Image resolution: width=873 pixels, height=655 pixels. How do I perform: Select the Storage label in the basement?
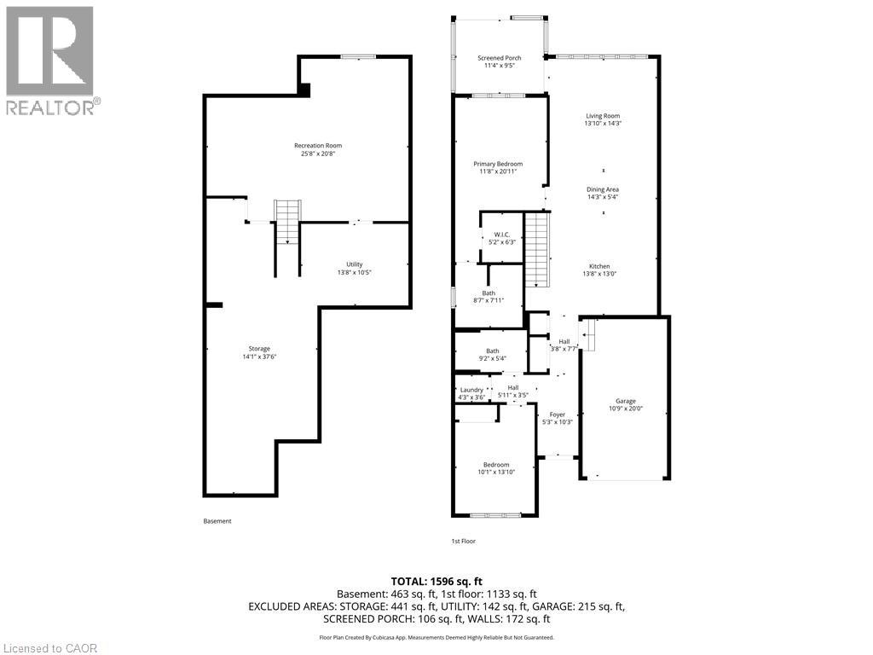(x=259, y=348)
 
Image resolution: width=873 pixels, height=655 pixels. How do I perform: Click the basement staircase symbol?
(x=287, y=222)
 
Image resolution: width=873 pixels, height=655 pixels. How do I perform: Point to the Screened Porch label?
(x=499, y=58)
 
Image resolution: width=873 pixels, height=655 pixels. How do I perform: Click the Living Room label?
(x=603, y=116)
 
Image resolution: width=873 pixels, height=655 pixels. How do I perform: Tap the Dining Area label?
(x=603, y=189)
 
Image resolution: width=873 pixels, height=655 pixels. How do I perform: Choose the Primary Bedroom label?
(x=498, y=164)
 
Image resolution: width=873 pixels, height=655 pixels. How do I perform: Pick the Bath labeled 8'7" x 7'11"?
(x=489, y=293)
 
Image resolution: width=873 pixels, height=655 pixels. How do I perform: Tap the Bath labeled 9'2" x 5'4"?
(x=493, y=351)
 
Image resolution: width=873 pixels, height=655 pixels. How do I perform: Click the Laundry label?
(x=471, y=390)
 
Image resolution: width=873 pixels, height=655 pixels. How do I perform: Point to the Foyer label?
(x=557, y=415)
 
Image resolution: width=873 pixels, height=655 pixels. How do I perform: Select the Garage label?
(x=626, y=401)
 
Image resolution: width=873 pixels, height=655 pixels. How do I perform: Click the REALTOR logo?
(x=50, y=60)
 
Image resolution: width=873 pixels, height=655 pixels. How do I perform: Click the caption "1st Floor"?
(x=463, y=542)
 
